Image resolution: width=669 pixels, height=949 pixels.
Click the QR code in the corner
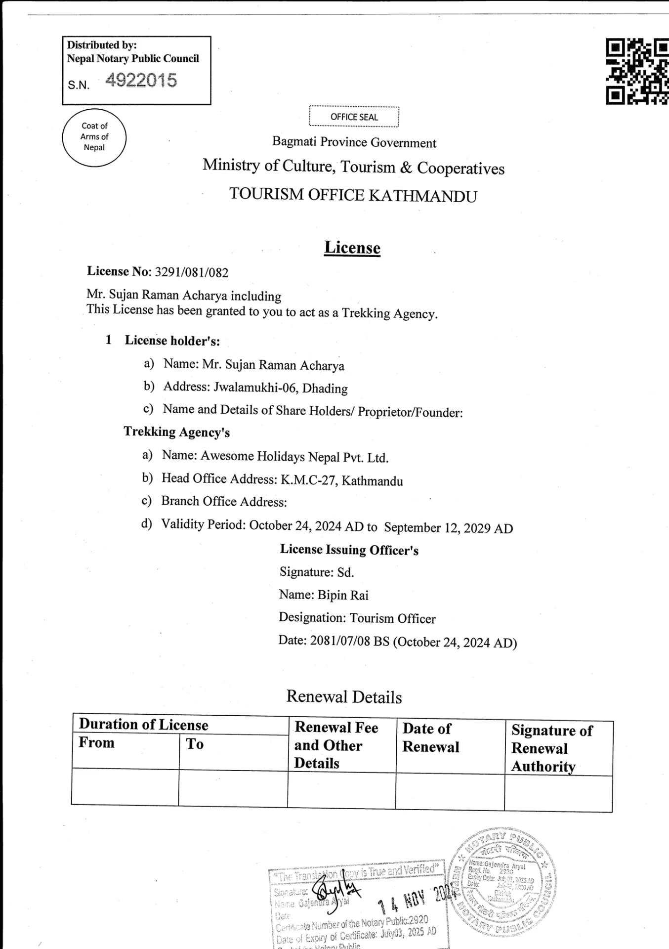(x=637, y=72)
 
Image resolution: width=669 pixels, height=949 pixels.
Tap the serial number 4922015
(x=141, y=81)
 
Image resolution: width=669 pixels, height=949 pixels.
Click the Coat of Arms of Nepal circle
(x=94, y=137)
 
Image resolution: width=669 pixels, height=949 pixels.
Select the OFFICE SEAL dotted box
(x=354, y=117)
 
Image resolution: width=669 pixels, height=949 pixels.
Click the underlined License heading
(x=352, y=248)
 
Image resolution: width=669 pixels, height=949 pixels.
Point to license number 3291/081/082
(x=192, y=272)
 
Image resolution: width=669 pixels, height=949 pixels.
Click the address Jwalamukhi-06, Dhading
(x=280, y=388)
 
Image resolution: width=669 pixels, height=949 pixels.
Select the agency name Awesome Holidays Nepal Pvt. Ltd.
(x=294, y=457)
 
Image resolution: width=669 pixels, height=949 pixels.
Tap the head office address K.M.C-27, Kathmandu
(x=342, y=480)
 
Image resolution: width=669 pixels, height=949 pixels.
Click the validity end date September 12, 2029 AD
(x=448, y=528)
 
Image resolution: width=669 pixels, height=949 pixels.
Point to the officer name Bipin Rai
(x=343, y=595)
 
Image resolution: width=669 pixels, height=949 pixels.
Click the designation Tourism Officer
(x=393, y=618)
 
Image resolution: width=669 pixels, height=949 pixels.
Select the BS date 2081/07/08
(x=340, y=641)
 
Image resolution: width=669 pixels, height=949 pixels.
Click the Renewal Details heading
(x=344, y=697)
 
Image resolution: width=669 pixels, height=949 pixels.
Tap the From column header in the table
(x=97, y=743)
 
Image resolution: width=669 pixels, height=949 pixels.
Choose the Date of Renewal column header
(x=431, y=737)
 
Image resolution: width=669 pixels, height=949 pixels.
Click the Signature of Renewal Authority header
(x=552, y=748)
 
